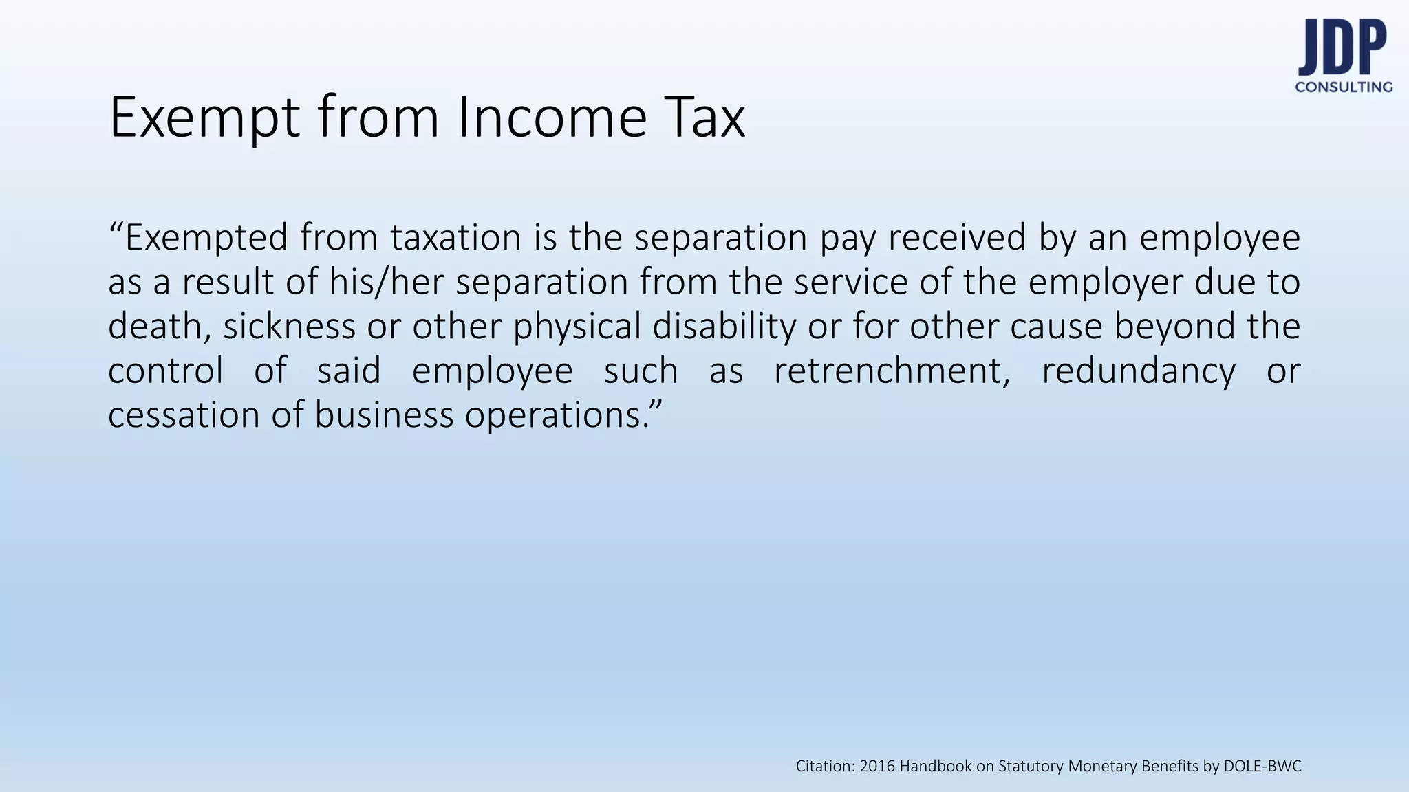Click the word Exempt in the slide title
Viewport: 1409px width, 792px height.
(204, 118)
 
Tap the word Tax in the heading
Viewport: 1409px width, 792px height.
(705, 118)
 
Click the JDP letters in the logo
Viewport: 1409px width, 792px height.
(1342, 48)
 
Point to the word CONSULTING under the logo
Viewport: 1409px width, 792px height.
(1344, 87)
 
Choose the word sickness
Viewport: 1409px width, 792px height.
(289, 326)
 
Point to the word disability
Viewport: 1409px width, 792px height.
(724, 326)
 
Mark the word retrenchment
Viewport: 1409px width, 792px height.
(892, 371)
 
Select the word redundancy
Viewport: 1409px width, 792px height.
(1138, 371)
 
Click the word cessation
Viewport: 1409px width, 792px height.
(184, 415)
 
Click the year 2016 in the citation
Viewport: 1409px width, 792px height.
(878, 767)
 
